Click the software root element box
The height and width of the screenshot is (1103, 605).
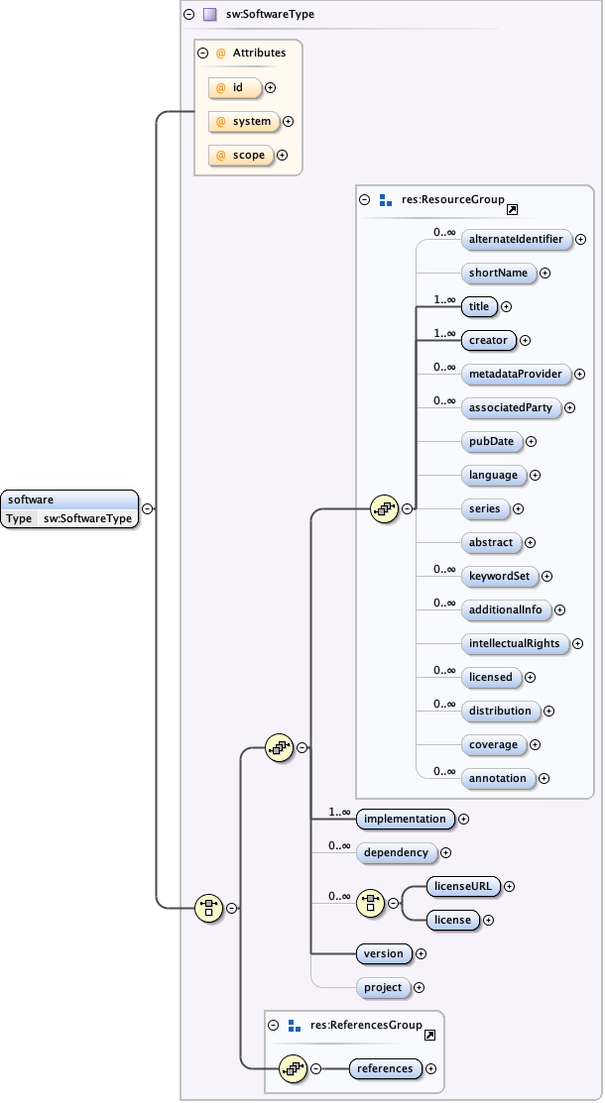(x=69, y=500)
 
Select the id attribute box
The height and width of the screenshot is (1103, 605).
(x=235, y=88)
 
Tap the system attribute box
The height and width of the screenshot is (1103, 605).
(x=243, y=122)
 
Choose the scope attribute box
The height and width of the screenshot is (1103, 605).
(x=240, y=156)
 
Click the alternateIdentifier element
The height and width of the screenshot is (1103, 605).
(x=516, y=239)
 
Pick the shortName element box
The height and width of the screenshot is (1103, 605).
(x=499, y=273)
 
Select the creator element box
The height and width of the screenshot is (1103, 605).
(x=489, y=340)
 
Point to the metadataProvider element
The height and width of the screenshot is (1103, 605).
(x=516, y=374)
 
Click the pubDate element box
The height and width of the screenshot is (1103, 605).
(x=492, y=441)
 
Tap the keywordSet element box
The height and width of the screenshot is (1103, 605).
(x=499, y=576)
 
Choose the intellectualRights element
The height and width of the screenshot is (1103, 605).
(x=514, y=643)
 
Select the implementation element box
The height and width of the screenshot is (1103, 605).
(x=406, y=819)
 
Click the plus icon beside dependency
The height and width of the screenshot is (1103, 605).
(x=445, y=852)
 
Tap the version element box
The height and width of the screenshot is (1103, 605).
(x=384, y=953)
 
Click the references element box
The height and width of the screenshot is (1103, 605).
(x=386, y=1068)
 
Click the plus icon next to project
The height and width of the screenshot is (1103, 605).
(x=419, y=987)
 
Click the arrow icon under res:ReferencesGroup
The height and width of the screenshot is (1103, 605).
(x=429, y=1036)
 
